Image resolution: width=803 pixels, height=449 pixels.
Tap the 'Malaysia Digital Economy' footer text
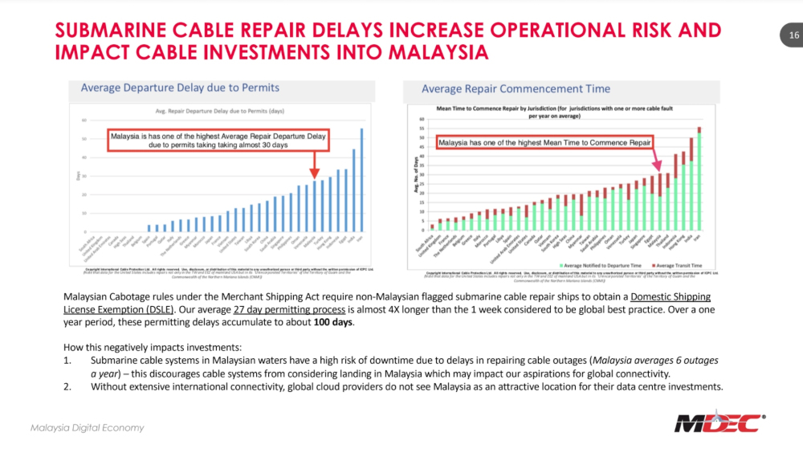[88, 427]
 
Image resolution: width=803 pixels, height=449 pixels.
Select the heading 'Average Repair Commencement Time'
[516, 88]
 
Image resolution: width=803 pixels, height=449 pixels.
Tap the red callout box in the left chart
[217, 141]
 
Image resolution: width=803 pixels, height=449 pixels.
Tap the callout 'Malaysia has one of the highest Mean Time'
[544, 143]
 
